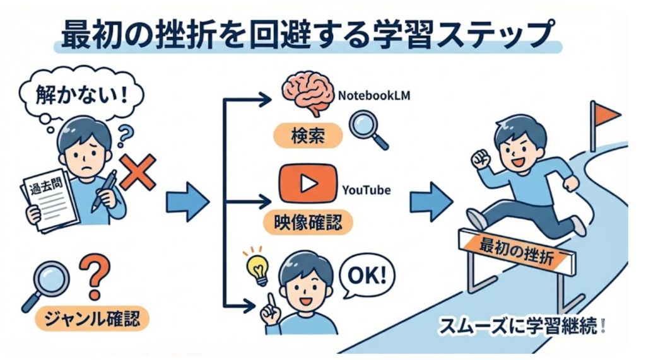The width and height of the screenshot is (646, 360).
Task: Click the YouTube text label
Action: (x=366, y=190)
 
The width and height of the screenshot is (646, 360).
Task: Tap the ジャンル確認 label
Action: (x=92, y=318)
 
